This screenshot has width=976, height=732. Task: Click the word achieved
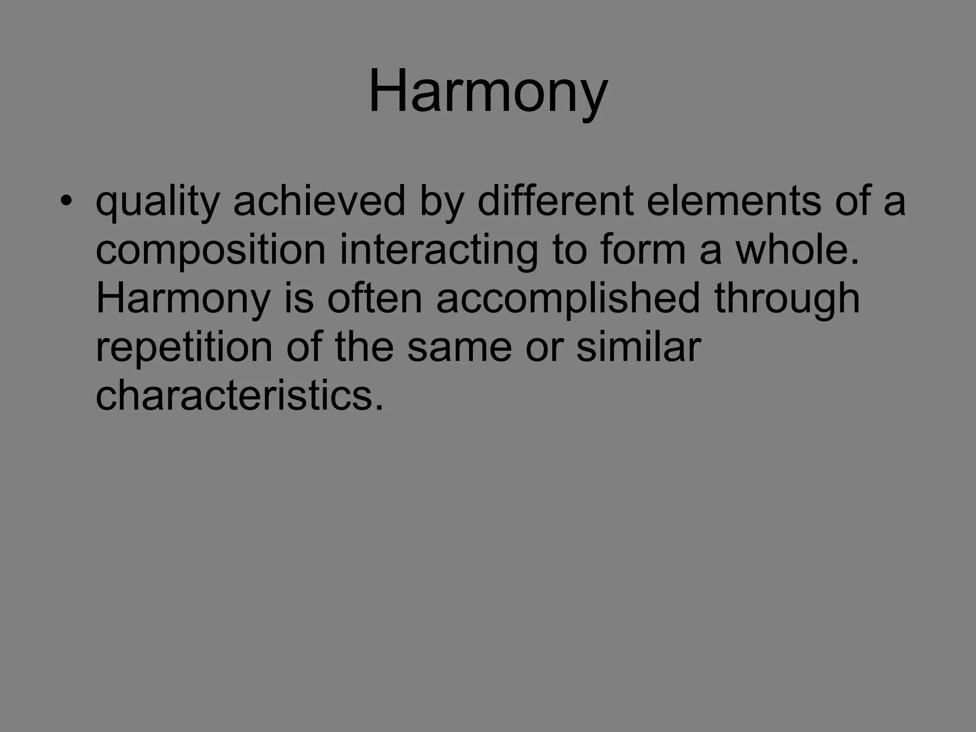click(319, 201)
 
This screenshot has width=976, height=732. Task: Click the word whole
click(797, 250)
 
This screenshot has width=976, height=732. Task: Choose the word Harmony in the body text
click(183, 299)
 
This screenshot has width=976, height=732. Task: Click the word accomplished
click(568, 299)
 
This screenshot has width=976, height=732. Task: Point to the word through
click(787, 299)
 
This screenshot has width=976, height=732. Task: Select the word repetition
click(184, 348)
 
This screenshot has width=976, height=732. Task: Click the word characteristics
click(239, 396)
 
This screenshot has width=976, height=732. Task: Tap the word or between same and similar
click(544, 348)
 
